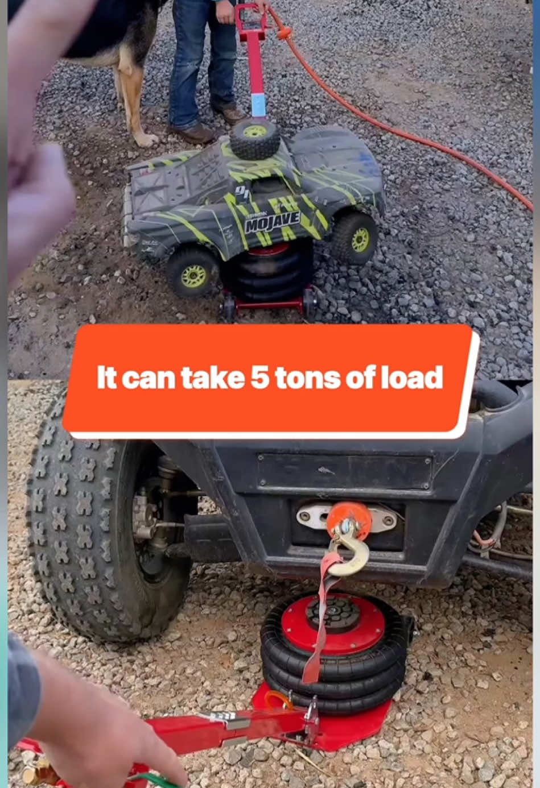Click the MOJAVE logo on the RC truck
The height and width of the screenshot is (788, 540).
(272, 222)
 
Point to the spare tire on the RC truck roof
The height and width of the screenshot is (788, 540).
(255, 139)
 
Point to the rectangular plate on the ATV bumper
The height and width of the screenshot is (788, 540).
(344, 472)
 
